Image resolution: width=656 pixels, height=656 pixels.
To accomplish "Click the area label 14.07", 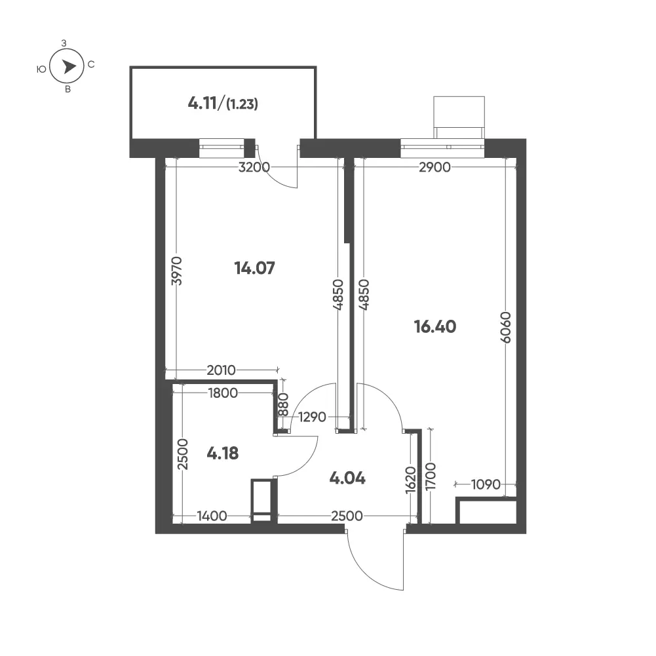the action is pos(254,268).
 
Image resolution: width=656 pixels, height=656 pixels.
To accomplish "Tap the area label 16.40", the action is pos(435,326).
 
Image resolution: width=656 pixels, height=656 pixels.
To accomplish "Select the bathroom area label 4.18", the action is pos(223,453).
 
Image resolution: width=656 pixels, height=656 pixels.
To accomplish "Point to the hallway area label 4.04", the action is pos(347,478).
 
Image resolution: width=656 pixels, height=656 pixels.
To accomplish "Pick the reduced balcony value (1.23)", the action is pos(242,104).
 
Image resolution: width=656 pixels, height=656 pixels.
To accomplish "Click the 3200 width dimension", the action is pos(254,167).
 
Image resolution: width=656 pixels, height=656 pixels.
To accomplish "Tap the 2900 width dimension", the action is pos(434,167).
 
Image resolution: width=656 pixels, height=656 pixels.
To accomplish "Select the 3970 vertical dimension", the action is pos(177,271).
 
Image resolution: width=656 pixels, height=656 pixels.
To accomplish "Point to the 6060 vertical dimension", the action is pos(506,327).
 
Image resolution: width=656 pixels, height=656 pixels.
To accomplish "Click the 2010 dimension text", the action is pos(222,370).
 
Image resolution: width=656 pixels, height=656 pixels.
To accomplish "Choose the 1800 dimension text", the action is pos(223,393).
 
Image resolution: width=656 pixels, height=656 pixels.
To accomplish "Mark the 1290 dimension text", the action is pos(312,417).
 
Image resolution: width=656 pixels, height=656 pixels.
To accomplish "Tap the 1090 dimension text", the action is pos(486,484).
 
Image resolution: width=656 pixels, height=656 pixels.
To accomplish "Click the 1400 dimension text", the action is pos(212,516).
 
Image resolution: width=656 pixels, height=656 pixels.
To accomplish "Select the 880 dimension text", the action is pos(284,404).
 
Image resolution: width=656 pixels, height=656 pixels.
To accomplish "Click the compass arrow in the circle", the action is pos(69,67).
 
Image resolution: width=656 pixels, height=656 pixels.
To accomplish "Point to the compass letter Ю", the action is pos(41,69).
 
